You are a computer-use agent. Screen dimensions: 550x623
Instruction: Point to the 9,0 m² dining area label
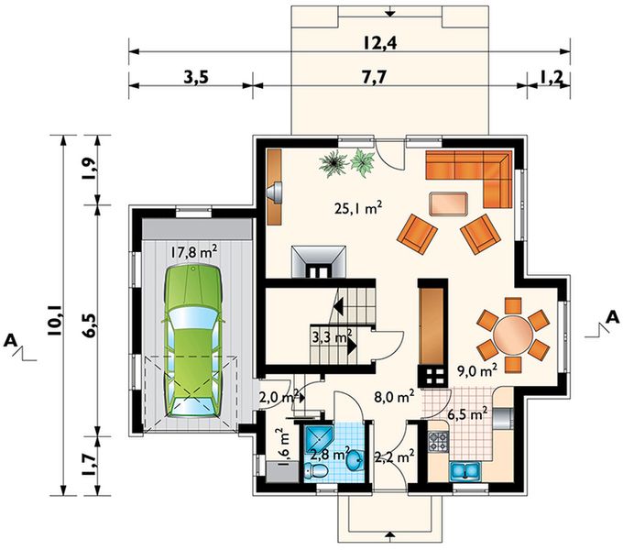pos(476,371)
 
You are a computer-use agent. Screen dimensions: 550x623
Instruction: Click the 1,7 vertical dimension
pos(88,466)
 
